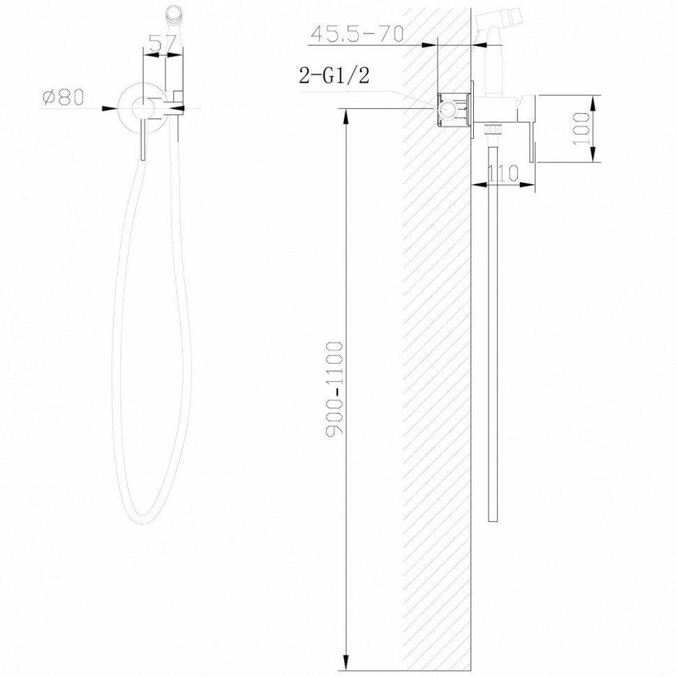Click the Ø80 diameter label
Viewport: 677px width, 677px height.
[63, 98]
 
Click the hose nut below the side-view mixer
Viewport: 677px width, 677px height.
[493, 129]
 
